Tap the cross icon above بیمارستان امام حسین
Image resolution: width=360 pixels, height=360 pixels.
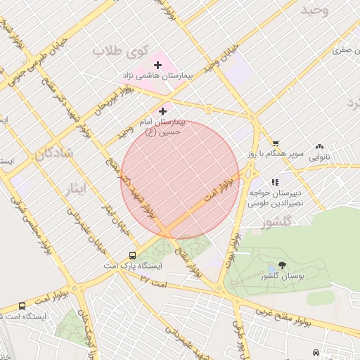tap(163, 110)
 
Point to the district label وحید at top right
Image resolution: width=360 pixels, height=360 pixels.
tap(314, 11)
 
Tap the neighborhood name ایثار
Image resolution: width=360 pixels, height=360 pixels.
tap(73, 188)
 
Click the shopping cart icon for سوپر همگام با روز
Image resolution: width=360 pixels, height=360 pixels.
tap(275, 144)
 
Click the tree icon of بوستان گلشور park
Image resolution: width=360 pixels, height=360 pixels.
tap(282, 265)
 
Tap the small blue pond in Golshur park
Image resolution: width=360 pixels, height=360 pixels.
tap(272, 271)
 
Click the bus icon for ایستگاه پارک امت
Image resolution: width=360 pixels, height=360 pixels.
tap(133, 256)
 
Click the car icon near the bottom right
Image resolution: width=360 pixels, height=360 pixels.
tap(316, 352)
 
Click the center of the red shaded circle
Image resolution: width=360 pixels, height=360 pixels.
tap(180, 180)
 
